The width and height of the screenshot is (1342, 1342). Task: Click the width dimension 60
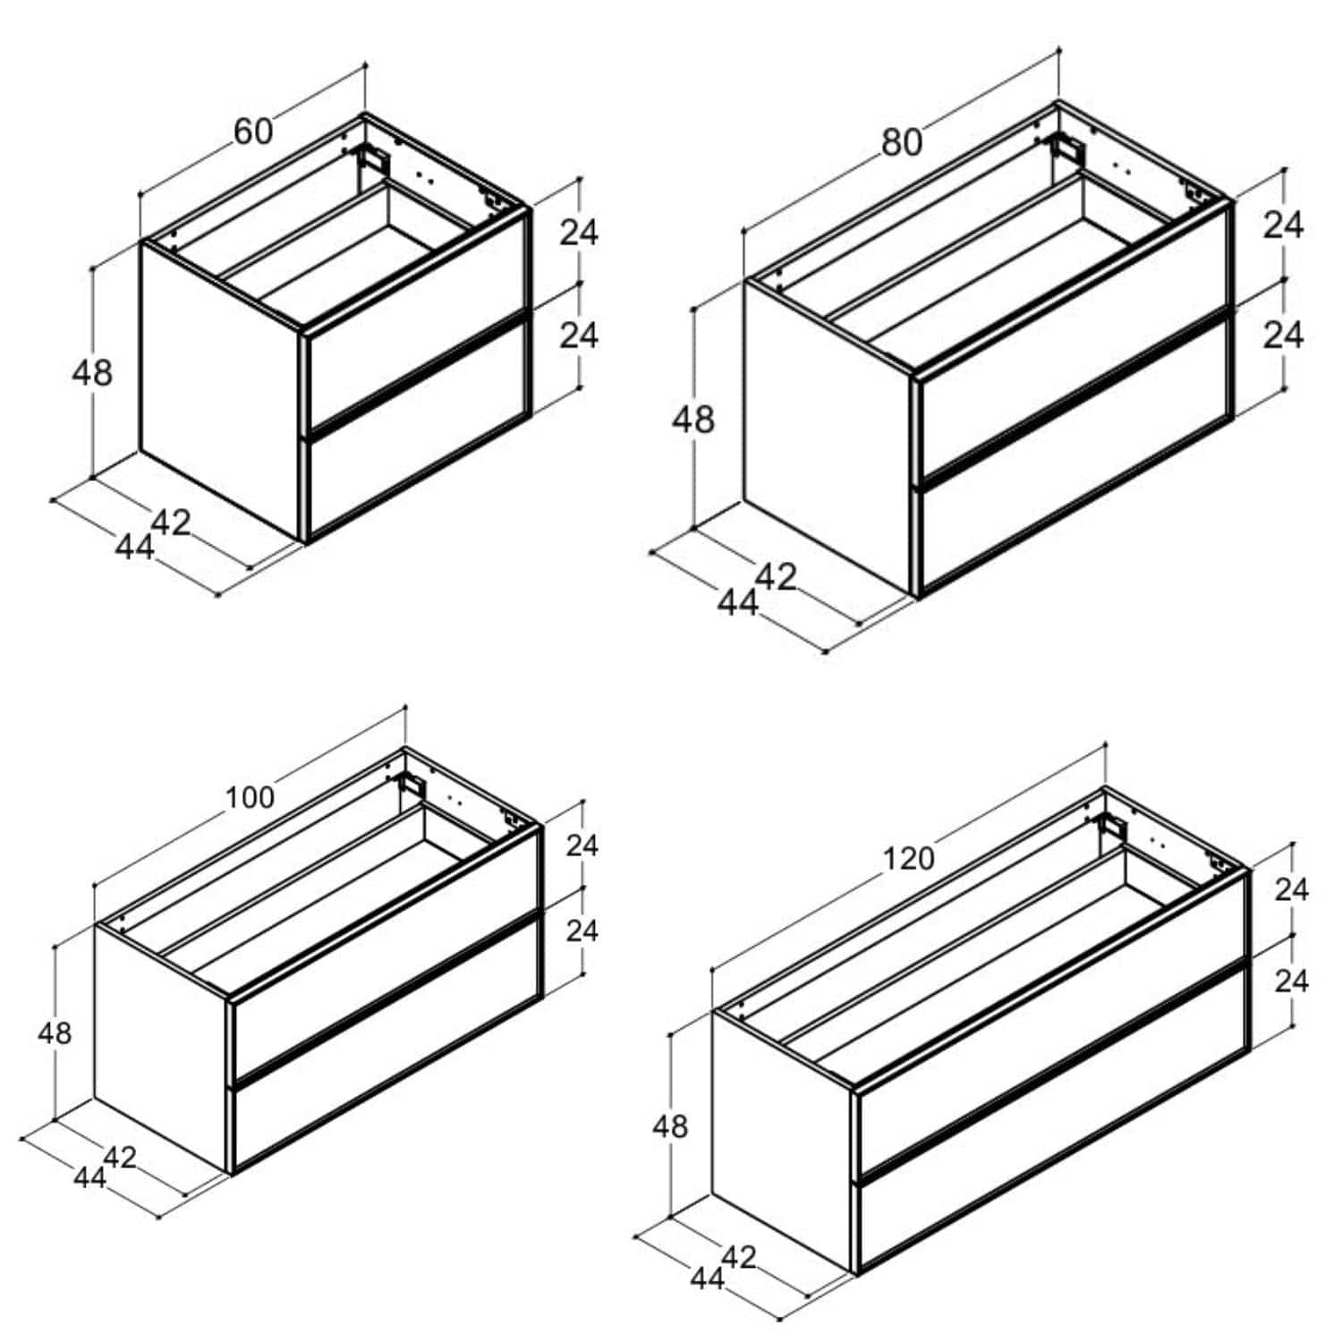point(253,132)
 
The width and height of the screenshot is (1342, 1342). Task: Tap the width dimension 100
point(250,797)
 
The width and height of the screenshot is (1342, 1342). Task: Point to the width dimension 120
point(909,859)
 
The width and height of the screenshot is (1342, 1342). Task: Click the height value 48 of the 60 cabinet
point(92,372)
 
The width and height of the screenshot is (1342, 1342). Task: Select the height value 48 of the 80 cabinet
point(693,419)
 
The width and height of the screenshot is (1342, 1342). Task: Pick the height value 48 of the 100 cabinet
point(55,1033)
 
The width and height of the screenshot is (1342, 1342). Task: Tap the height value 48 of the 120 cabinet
point(670,1125)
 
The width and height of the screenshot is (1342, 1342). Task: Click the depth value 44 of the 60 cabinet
point(135,547)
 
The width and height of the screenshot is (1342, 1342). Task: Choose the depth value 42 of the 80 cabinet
point(776,577)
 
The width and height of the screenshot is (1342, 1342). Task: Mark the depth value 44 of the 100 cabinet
point(89,1177)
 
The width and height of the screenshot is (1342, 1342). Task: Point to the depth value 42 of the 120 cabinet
point(739,1257)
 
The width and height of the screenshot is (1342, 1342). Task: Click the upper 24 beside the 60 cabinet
point(579,233)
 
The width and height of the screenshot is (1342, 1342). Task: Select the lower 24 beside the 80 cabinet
point(1283,335)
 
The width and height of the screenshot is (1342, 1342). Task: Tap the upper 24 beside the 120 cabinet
point(1291,889)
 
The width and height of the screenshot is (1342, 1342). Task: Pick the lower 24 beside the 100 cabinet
point(582,931)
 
